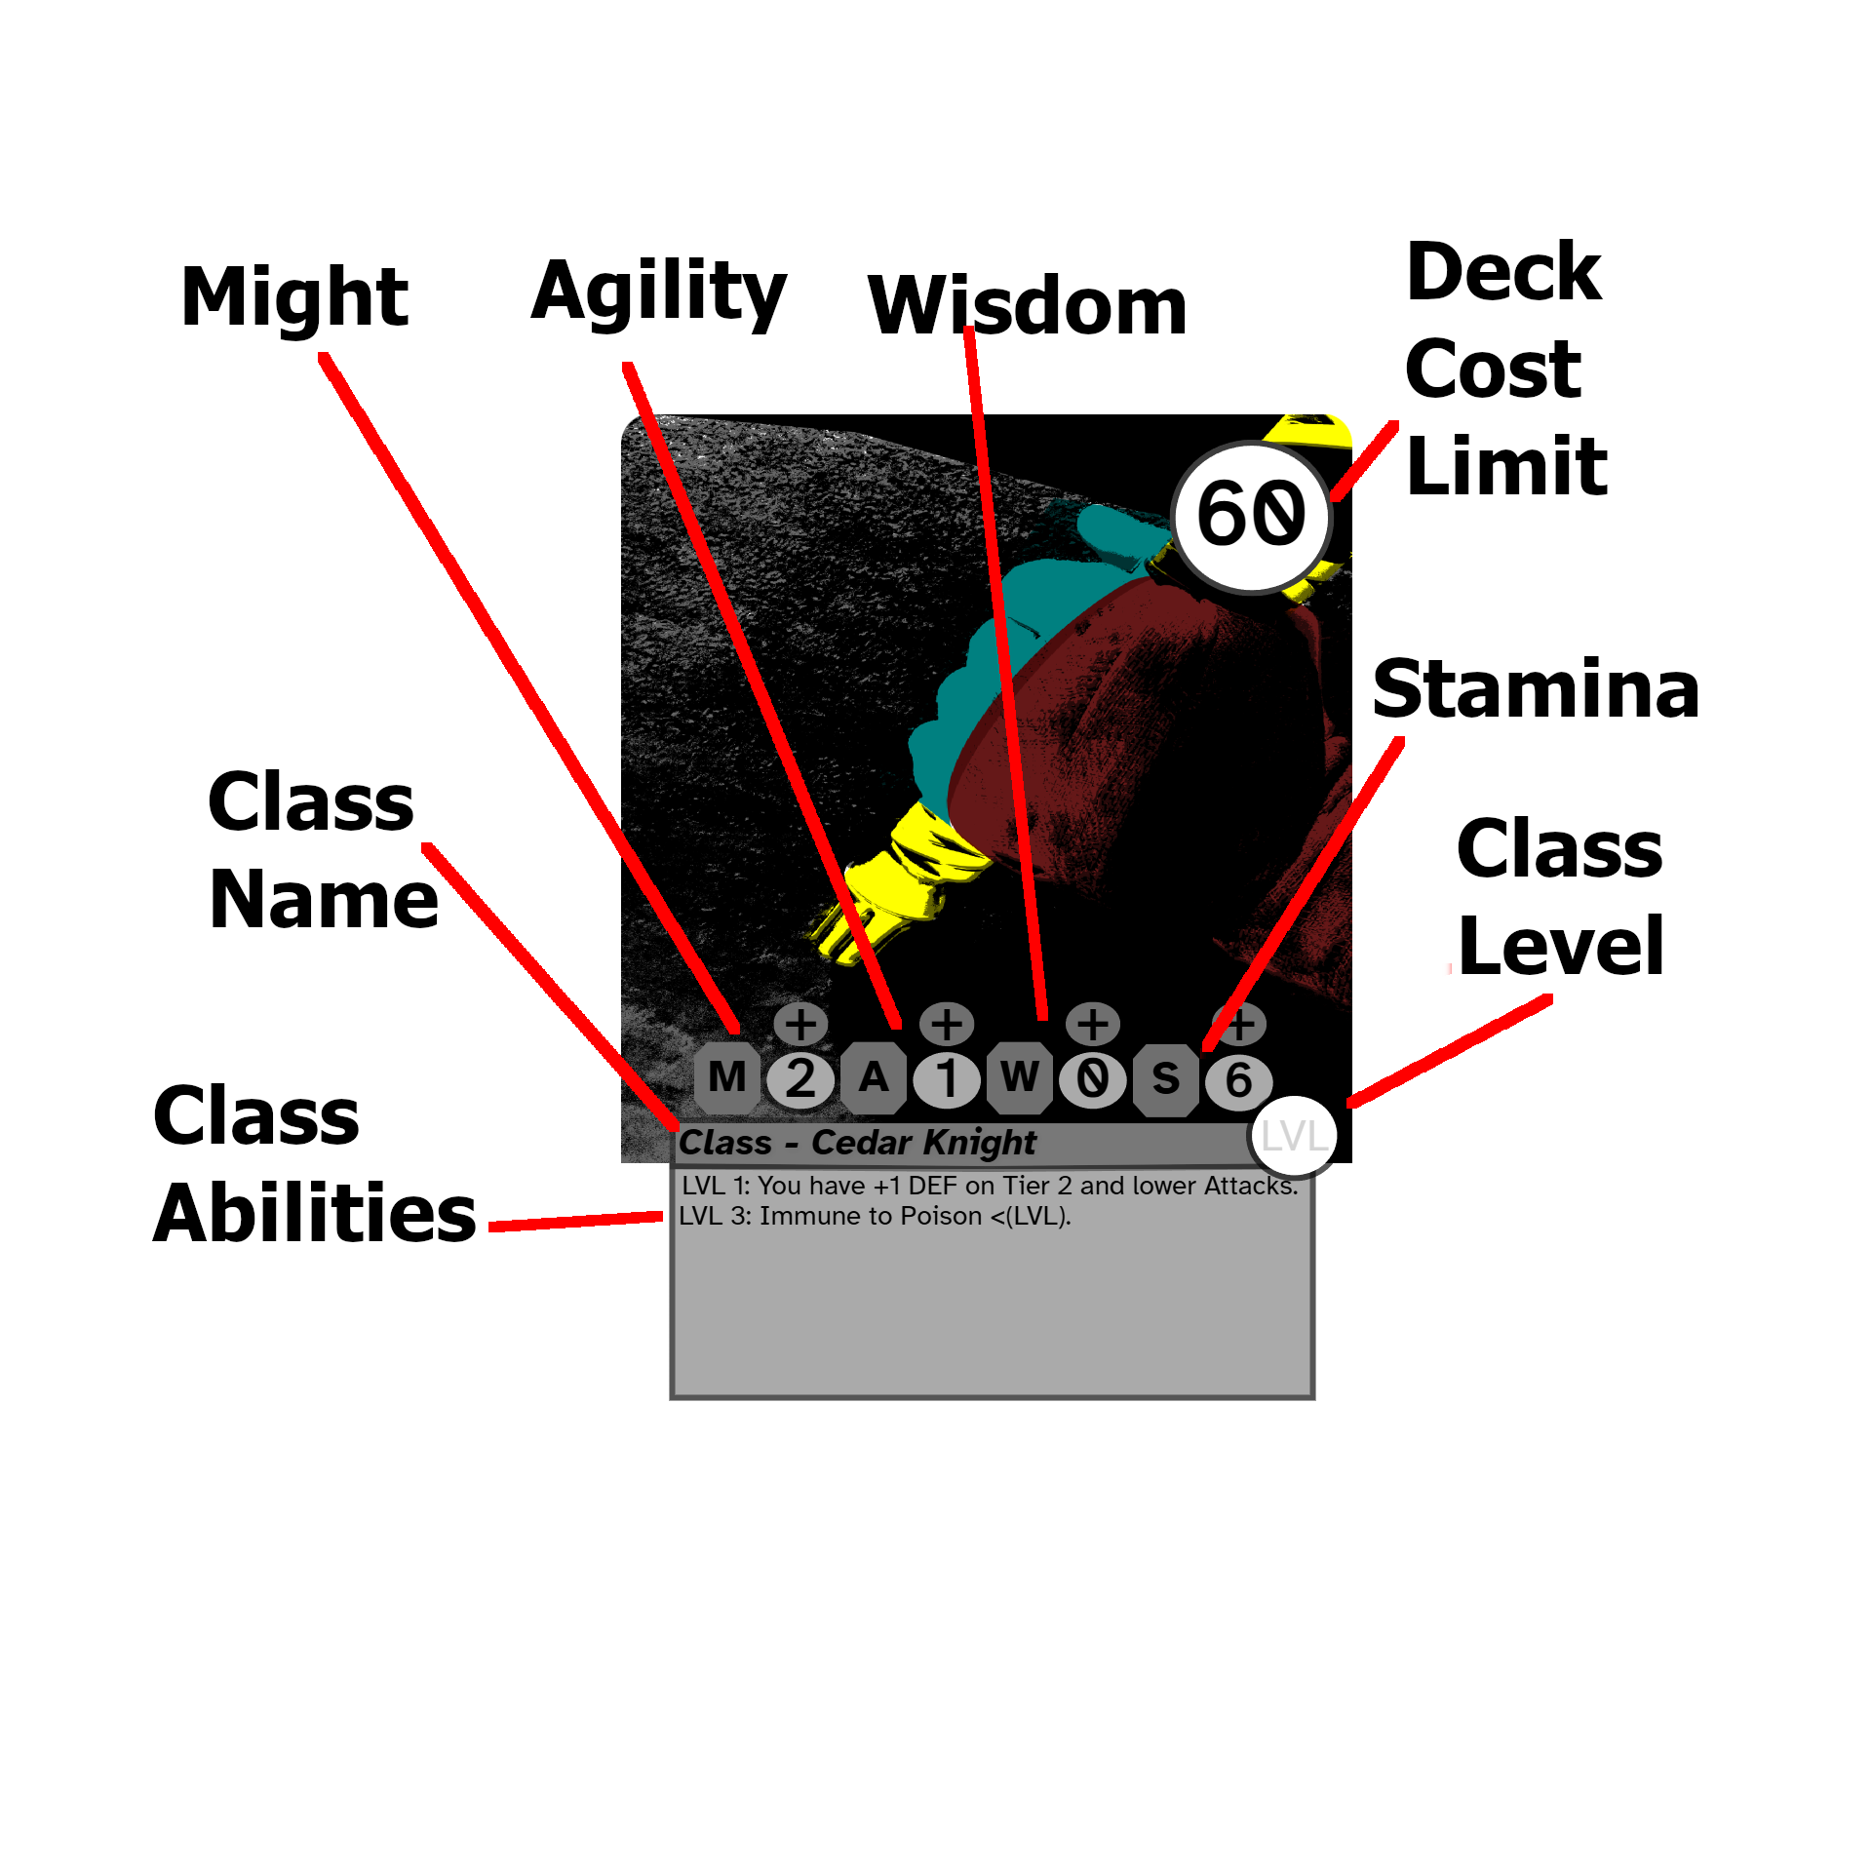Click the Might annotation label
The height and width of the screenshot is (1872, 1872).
(x=294, y=296)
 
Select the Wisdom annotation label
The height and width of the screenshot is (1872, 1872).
(x=1027, y=305)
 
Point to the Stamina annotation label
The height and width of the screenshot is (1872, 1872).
(x=1536, y=689)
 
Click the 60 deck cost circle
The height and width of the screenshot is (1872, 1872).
(x=1252, y=516)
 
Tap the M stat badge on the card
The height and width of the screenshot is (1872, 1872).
(x=727, y=1077)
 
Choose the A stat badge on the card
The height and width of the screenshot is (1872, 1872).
(x=874, y=1077)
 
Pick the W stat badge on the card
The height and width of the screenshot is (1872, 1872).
(x=1020, y=1077)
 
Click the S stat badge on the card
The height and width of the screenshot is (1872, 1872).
(x=1166, y=1078)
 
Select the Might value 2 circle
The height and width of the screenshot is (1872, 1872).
(x=800, y=1079)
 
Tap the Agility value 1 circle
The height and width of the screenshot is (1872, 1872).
(x=947, y=1079)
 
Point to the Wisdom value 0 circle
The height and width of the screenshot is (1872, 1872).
(x=1093, y=1079)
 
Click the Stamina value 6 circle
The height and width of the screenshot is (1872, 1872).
(x=1239, y=1080)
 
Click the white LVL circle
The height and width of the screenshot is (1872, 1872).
(x=1294, y=1136)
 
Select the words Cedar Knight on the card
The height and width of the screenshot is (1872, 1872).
(x=923, y=1142)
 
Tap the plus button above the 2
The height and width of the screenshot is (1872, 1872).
(x=800, y=1024)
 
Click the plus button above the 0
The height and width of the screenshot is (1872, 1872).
(x=1093, y=1024)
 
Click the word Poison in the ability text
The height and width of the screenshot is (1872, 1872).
(x=941, y=1216)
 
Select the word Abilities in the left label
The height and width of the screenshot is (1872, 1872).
(x=315, y=1214)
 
